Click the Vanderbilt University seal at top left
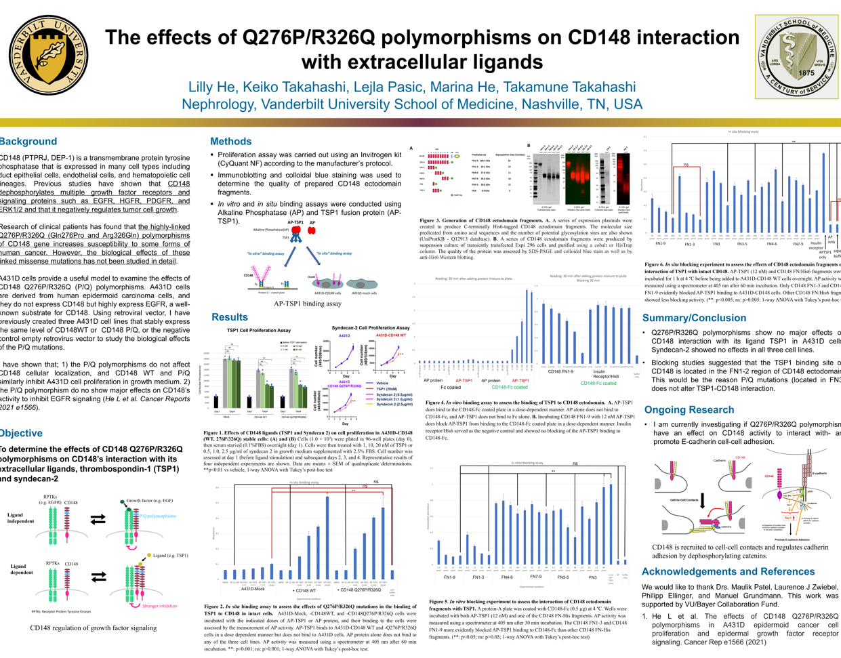tap(52, 57)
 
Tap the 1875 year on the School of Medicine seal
tap(806, 73)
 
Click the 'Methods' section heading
tap(230, 142)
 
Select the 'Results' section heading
tap(229, 317)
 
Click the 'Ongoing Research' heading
tap(689, 410)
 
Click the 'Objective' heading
tap(22, 433)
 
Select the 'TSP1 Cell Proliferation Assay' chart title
tap(258, 330)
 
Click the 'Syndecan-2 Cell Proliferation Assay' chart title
tap(370, 327)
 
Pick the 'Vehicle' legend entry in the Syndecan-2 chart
tap(382, 384)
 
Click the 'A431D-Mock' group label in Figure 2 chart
tap(251, 590)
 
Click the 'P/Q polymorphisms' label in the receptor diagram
tap(158, 516)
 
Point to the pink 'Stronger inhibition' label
tap(159, 606)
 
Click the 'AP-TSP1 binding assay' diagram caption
tap(307, 304)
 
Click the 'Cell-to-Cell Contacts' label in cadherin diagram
tap(684, 499)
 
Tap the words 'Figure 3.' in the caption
tap(432, 221)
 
